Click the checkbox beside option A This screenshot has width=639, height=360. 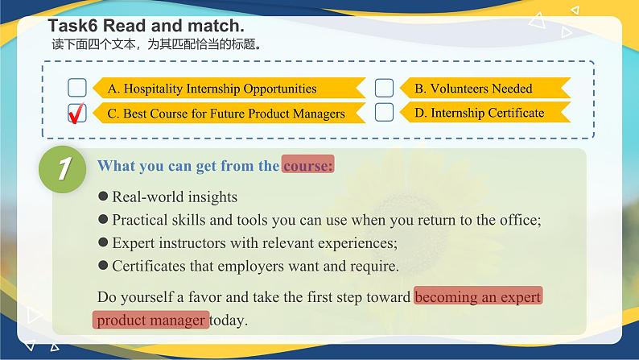click(x=77, y=88)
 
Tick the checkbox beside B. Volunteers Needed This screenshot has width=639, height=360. click(x=384, y=88)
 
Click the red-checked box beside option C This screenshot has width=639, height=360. click(x=77, y=113)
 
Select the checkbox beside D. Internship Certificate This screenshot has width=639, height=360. click(x=384, y=112)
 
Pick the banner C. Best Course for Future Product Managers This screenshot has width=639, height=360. click(x=225, y=114)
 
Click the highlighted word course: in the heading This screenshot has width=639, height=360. click(x=307, y=166)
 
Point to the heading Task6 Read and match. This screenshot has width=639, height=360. click(x=146, y=26)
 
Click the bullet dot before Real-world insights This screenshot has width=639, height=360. click(x=102, y=197)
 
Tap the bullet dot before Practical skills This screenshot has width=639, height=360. click(x=102, y=219)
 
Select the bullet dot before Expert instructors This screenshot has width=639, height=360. click(x=102, y=242)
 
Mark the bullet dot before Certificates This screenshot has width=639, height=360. click(x=102, y=265)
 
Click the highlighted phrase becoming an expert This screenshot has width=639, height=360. click(x=478, y=296)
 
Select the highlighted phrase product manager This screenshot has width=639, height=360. click(x=150, y=320)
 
